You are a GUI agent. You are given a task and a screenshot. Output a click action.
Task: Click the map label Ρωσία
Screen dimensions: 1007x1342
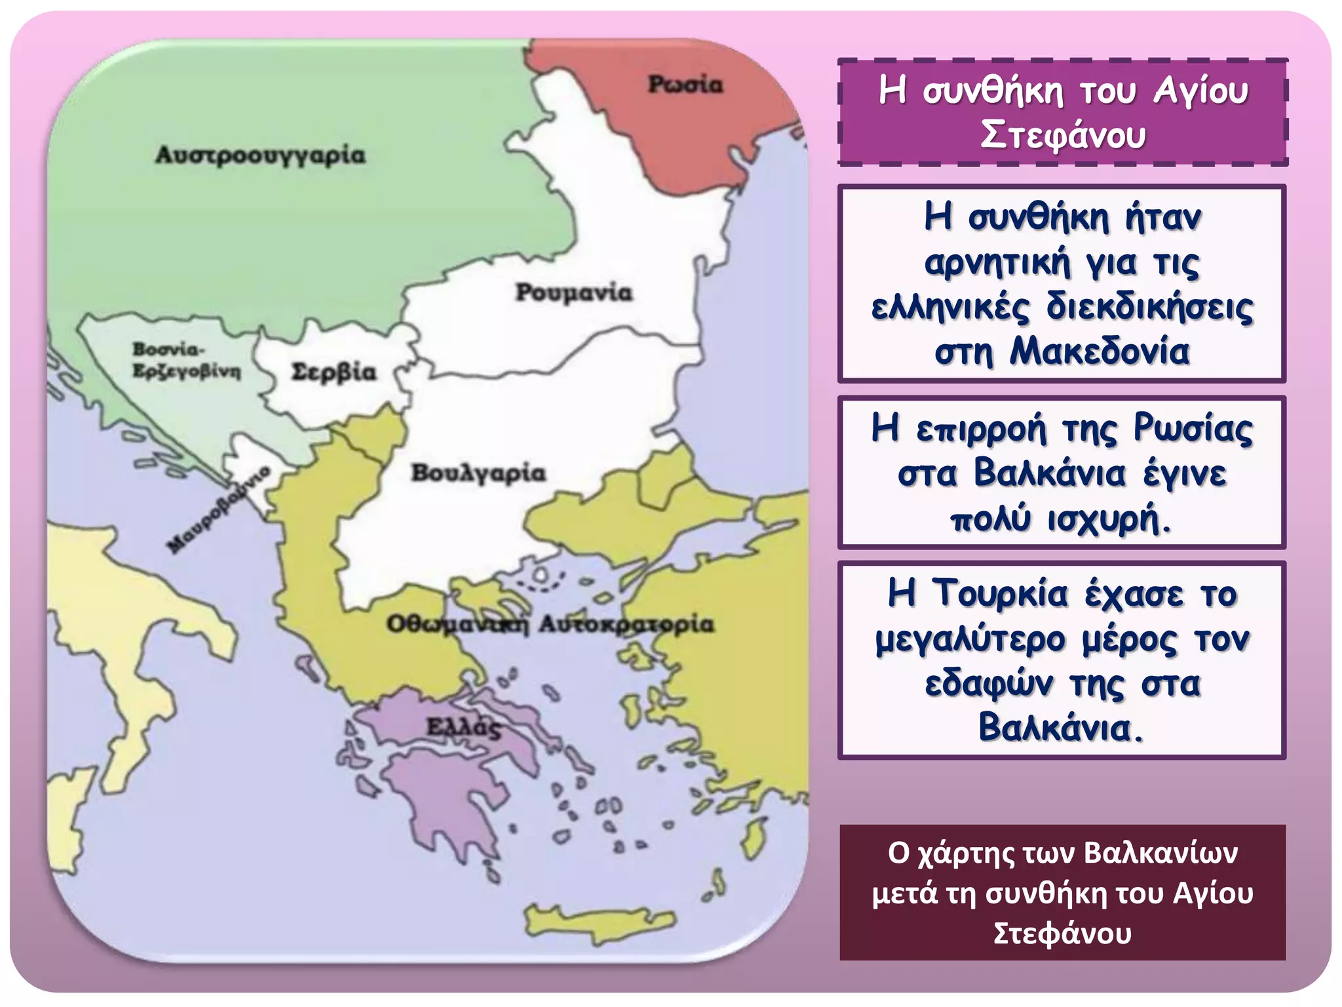click(685, 85)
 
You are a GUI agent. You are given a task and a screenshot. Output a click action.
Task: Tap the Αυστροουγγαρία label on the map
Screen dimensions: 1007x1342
click(260, 155)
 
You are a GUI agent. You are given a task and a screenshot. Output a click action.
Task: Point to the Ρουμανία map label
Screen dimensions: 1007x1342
click(573, 292)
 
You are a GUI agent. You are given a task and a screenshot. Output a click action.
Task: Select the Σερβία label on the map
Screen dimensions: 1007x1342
click(334, 372)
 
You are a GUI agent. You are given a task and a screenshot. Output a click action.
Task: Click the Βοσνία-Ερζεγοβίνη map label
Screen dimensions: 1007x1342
click(186, 361)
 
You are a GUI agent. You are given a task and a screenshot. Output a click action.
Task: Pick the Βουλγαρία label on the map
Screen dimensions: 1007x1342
click(478, 473)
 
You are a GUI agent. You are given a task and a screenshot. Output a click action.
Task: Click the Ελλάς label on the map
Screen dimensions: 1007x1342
click(463, 727)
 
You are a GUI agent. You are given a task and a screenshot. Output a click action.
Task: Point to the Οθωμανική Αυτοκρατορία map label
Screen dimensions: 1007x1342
click(549, 624)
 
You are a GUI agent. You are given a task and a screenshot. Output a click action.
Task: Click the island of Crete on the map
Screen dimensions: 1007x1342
click(600, 919)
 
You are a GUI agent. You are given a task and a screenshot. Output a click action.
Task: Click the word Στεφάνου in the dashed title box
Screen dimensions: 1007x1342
click(1063, 135)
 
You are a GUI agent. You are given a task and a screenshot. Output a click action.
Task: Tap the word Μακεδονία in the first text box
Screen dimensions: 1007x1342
click(1099, 351)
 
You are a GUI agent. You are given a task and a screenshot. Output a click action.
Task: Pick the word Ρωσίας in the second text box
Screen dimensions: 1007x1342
click(1193, 429)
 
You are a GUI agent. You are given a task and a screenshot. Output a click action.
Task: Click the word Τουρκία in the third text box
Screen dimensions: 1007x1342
click(1000, 594)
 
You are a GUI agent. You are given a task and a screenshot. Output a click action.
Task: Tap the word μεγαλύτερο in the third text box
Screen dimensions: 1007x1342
click(970, 639)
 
